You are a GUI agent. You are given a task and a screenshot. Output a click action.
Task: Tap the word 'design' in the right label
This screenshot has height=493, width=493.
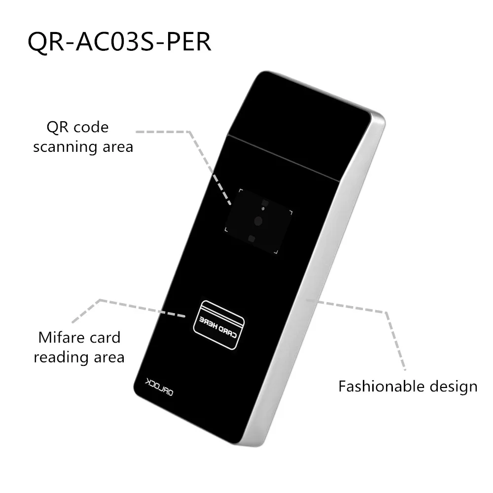point(454,386)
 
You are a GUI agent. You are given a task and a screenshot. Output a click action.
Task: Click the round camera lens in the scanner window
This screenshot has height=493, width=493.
point(258,220)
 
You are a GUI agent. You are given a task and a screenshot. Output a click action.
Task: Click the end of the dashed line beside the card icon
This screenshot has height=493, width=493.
point(185,316)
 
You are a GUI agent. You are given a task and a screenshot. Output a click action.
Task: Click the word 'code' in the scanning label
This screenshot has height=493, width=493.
point(90,127)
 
